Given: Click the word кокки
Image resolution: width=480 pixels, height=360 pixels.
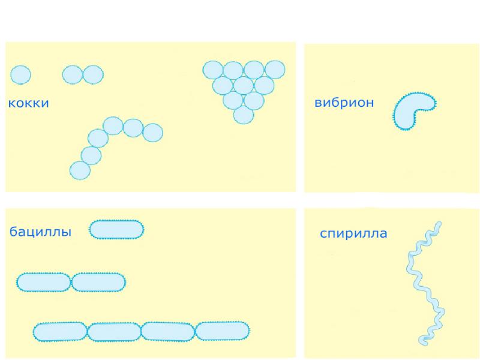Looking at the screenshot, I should (28, 104).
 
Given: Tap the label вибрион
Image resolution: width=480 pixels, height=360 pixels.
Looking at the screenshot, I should (344, 103).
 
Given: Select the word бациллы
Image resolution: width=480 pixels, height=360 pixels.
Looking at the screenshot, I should (40, 232).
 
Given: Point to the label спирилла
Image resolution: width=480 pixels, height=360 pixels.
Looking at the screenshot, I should (353, 233).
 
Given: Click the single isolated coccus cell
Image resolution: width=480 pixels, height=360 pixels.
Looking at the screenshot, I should (20, 74).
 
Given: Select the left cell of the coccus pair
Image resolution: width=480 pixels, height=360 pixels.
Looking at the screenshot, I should (73, 74).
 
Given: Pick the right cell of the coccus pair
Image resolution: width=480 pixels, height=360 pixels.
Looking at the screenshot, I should (93, 74).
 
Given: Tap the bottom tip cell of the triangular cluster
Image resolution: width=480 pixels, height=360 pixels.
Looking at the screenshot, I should (243, 114).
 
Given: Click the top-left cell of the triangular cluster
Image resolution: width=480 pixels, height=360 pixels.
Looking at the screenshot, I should (212, 70).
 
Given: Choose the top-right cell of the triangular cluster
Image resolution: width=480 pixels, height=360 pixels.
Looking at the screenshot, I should (275, 70).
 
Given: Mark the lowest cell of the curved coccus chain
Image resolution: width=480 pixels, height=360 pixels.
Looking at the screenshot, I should (80, 170).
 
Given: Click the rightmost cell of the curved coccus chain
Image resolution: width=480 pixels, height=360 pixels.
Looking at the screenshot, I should (152, 132).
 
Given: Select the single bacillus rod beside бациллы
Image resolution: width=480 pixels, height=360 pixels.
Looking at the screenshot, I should (116, 229).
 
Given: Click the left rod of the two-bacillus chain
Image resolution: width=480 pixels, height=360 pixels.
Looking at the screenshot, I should (44, 282).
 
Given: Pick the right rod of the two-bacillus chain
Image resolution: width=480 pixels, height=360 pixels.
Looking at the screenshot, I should (98, 282).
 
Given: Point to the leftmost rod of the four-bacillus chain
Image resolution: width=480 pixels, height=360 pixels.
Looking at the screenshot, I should (60, 331).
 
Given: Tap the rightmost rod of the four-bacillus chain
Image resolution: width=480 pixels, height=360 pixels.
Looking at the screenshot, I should (223, 331).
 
